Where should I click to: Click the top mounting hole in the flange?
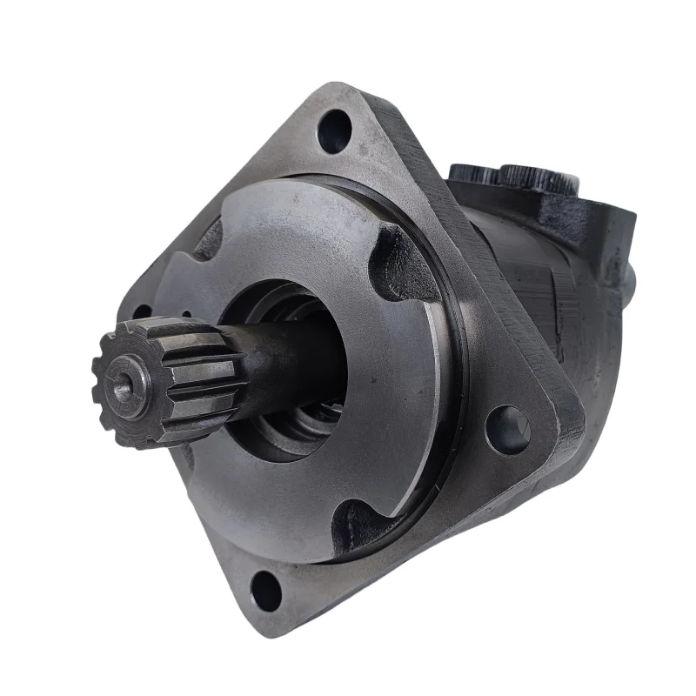pos(335,132)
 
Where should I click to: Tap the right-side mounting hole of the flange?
pos(508,429)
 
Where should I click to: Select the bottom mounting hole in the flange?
pos(266,592)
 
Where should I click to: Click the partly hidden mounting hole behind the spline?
pos(143,313)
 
